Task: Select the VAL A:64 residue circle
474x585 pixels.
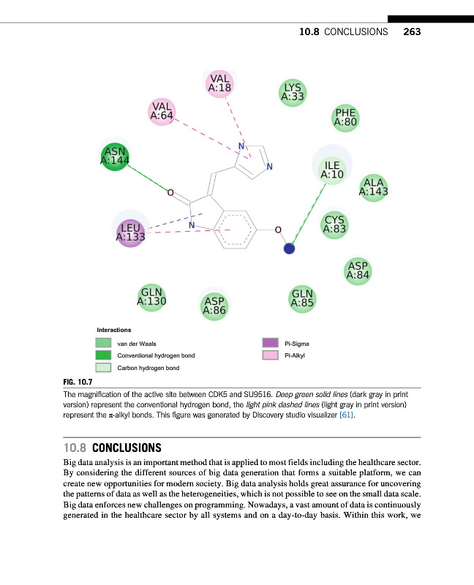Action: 162,111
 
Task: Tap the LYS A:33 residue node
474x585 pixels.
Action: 293,92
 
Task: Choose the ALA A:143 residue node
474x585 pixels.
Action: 373,187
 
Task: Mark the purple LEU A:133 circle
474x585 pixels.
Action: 130,233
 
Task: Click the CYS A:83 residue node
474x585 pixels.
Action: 334,224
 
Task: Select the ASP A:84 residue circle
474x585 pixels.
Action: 358,271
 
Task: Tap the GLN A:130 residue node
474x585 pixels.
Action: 151,296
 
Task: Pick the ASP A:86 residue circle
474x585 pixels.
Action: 214,305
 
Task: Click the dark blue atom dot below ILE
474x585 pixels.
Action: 289,249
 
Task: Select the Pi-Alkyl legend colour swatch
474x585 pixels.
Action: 271,355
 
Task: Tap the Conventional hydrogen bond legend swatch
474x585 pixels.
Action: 103,355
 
